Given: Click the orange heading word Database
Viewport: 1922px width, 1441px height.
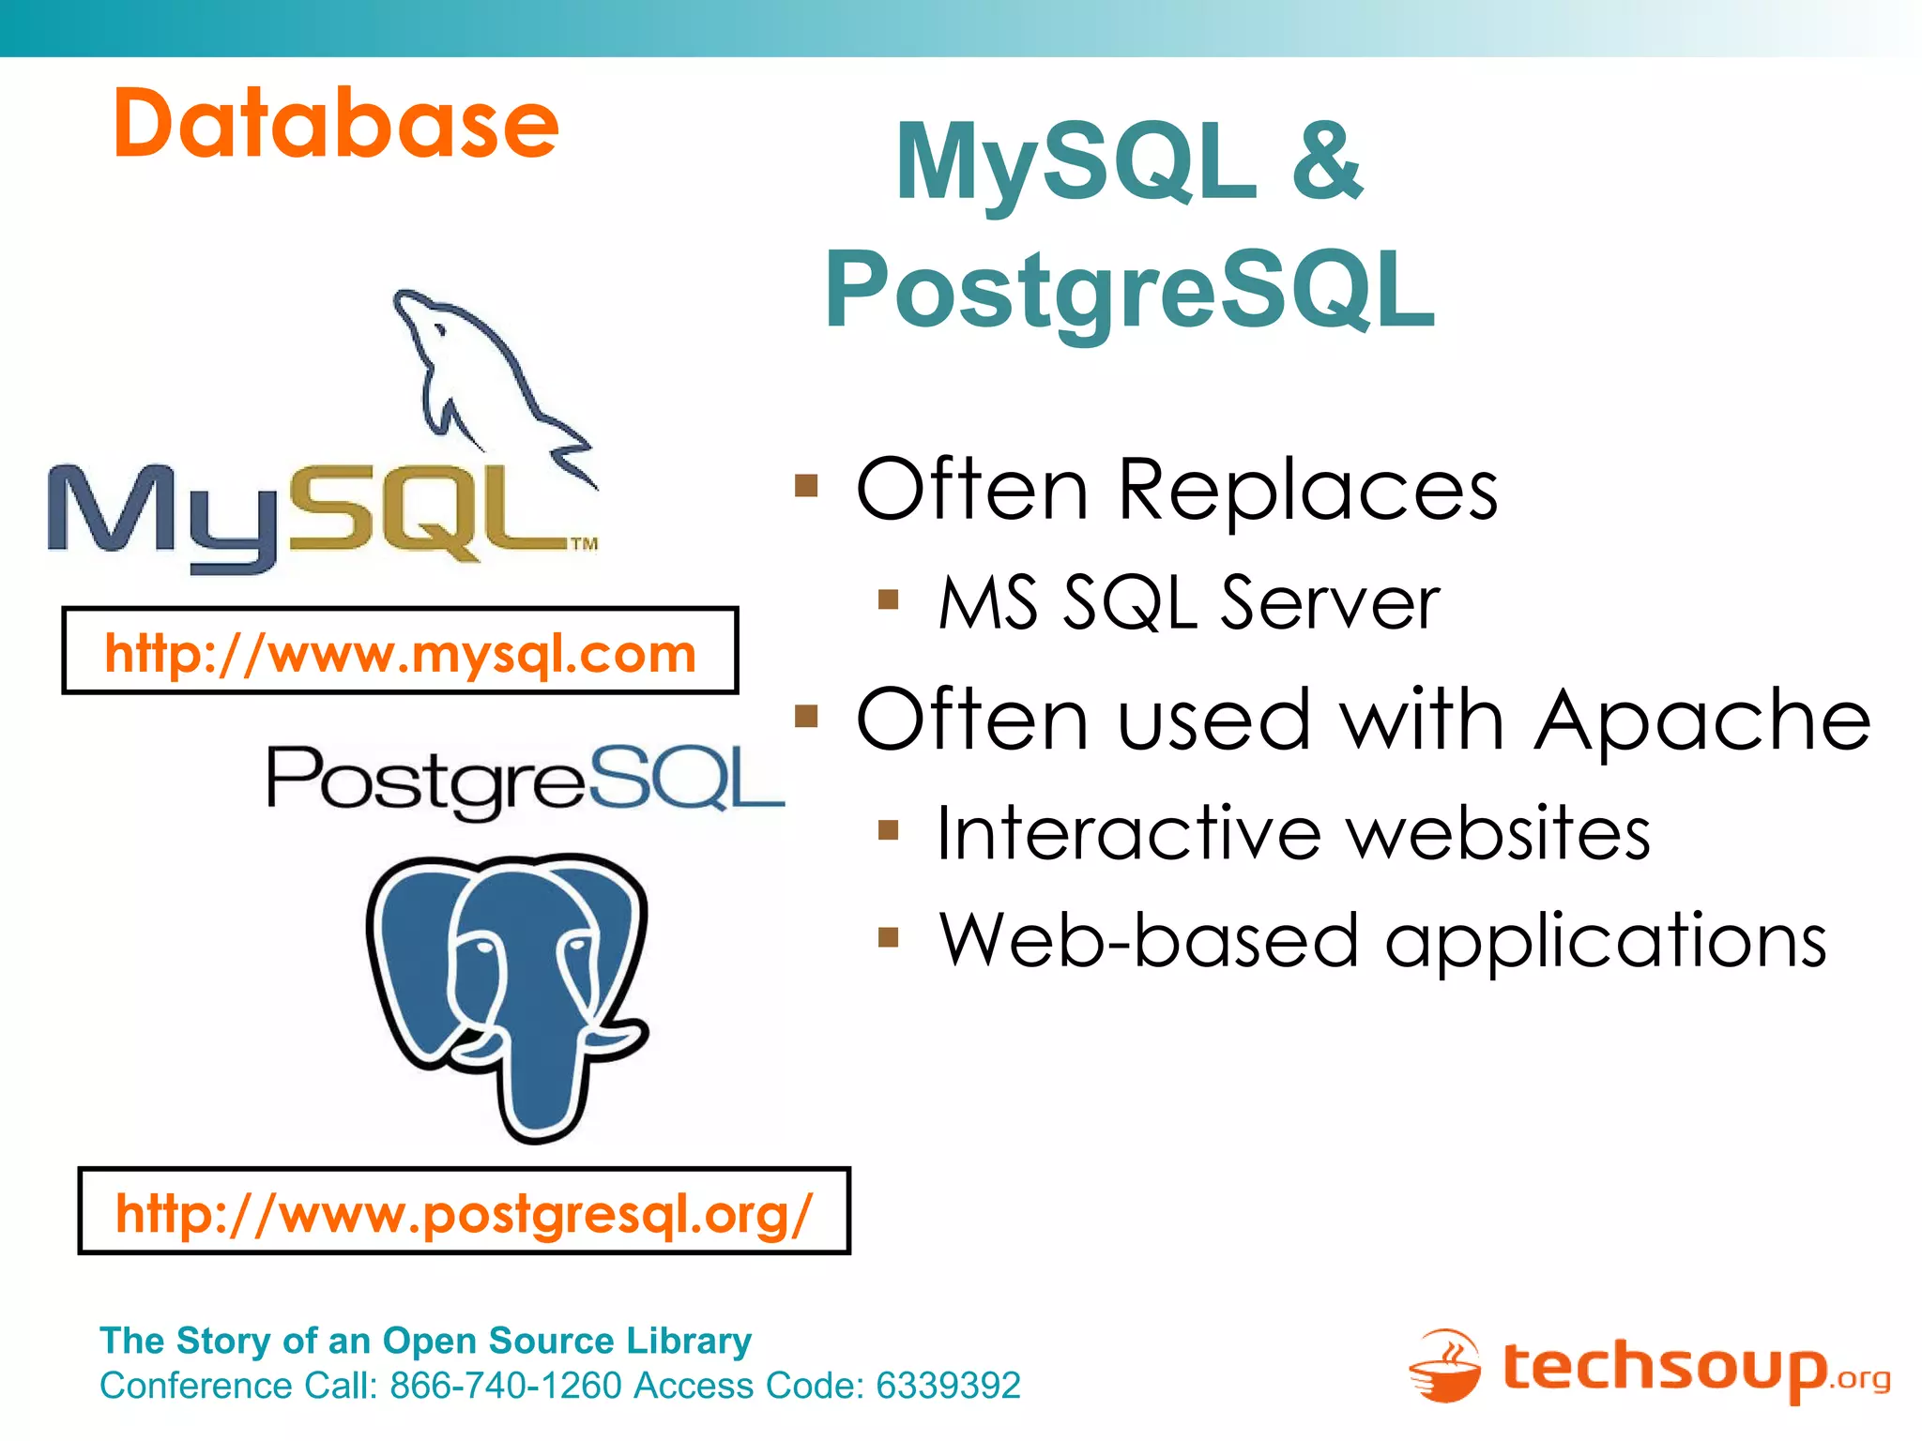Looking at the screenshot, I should tap(336, 124).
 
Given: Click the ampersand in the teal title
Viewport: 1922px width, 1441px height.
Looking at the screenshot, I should tap(1327, 161).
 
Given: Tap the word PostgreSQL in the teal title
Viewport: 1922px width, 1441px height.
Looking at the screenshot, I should tap(1130, 291).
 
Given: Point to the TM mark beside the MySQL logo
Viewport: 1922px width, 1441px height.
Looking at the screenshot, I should tap(584, 543).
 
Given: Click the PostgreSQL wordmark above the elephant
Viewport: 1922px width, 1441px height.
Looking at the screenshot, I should tap(526, 779).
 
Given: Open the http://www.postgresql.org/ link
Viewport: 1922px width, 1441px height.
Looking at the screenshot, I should tap(464, 1213).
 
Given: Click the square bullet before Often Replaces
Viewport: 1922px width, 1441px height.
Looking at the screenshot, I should tap(806, 486).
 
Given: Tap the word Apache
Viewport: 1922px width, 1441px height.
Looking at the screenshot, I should tap(1701, 720).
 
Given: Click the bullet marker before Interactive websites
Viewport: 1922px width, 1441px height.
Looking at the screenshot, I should tap(889, 829).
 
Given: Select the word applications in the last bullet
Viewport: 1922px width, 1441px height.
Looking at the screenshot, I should tap(1606, 941).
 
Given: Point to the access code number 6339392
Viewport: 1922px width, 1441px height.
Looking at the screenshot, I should tap(948, 1386).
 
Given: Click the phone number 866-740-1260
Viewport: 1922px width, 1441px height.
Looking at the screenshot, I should tap(506, 1386).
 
